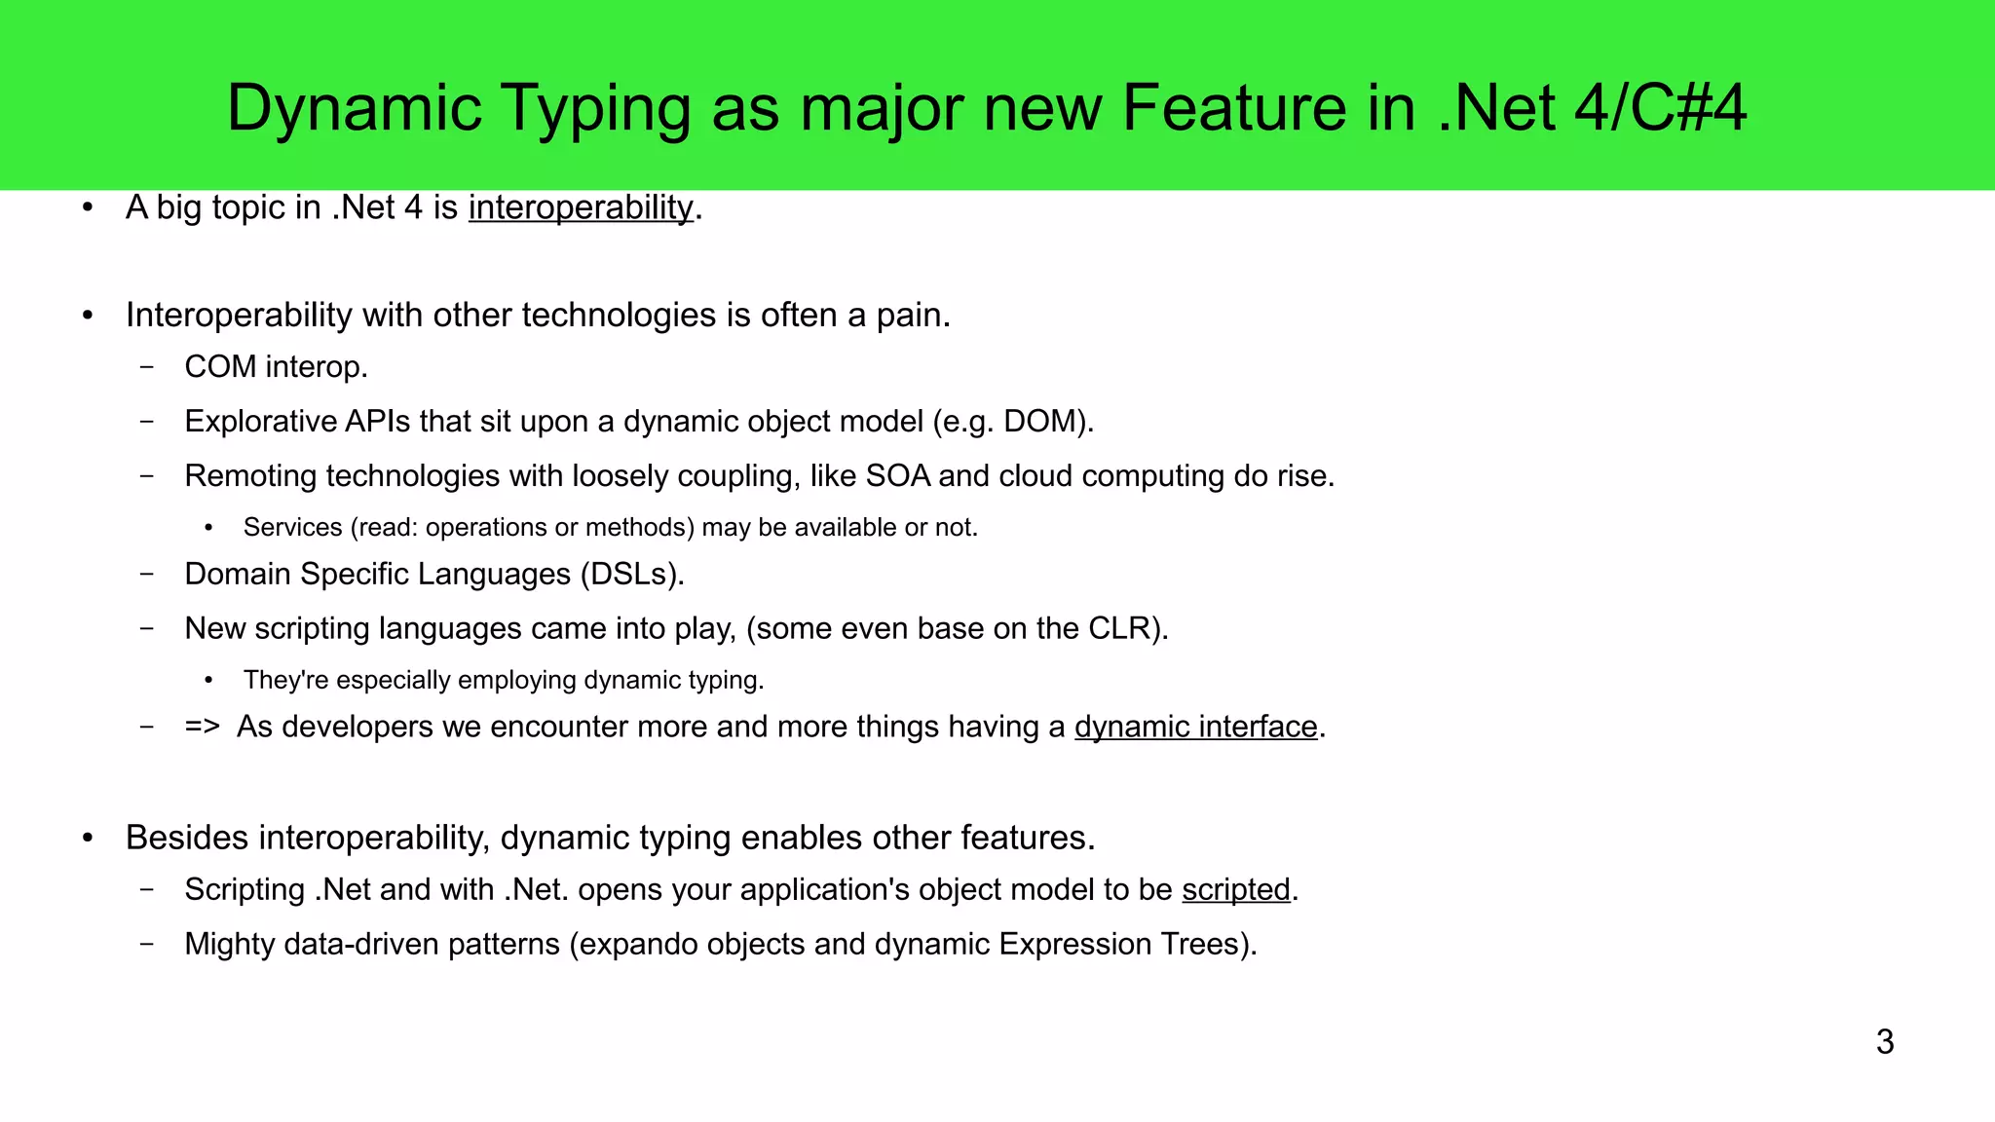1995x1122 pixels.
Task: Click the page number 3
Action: [1884, 1042]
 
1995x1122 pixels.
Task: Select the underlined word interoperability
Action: [581, 207]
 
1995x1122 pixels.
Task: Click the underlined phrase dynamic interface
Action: [1195, 727]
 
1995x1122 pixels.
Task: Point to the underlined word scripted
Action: [1235, 889]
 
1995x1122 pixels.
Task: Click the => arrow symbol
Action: [202, 727]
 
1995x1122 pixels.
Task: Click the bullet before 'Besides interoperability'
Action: [88, 838]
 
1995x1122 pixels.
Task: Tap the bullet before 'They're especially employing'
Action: [208, 680]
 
